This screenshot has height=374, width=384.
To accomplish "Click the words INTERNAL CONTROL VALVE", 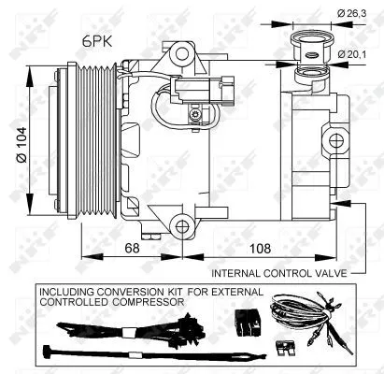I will [x=277, y=274].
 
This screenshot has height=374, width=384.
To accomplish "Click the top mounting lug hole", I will [x=177, y=60].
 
